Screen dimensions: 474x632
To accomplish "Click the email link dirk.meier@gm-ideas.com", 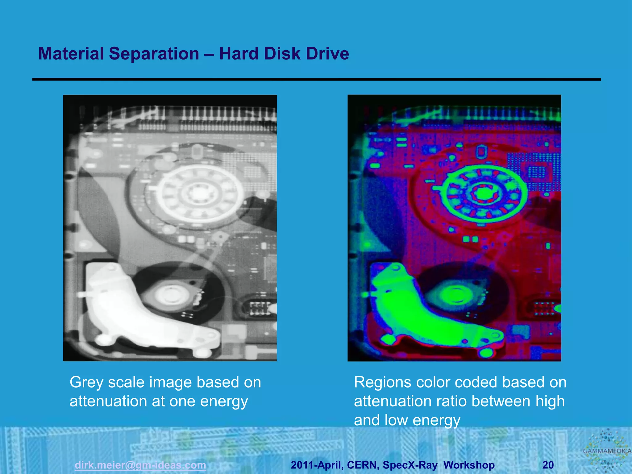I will [x=140, y=465].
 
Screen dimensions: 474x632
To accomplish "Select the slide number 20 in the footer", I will [x=548, y=465].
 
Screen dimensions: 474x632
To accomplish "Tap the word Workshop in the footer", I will [x=469, y=465].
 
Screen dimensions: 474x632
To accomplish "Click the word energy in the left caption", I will [x=224, y=401].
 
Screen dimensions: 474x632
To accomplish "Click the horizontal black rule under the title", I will [x=317, y=80].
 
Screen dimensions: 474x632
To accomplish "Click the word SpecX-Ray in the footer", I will [x=410, y=465].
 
